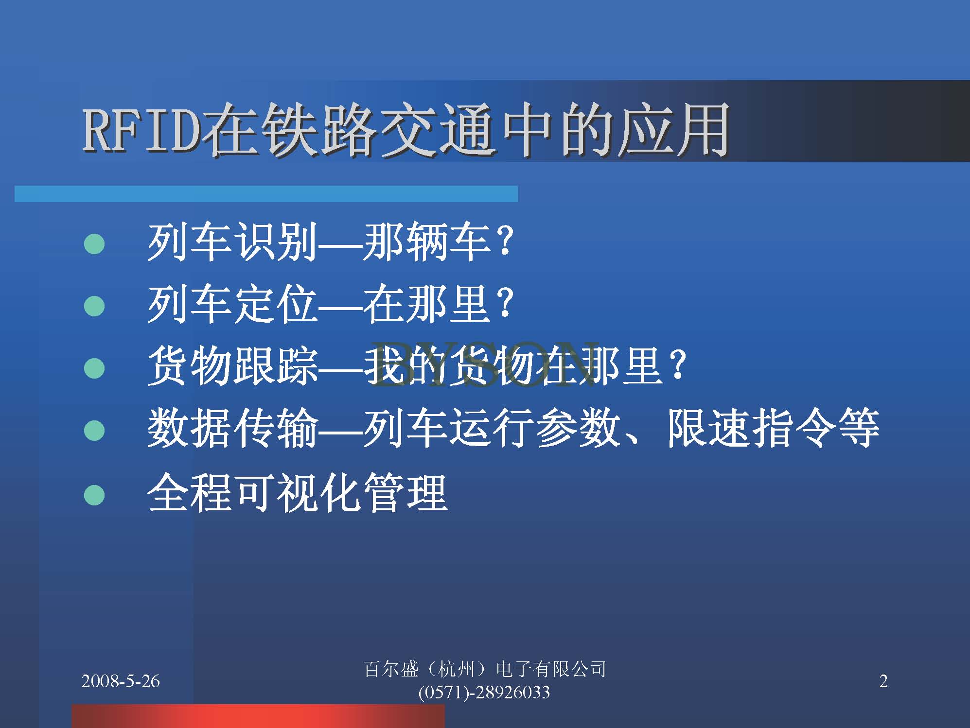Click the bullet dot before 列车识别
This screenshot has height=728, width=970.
(94, 244)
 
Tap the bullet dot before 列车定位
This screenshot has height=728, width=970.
(94, 306)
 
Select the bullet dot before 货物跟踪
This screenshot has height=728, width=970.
(94, 368)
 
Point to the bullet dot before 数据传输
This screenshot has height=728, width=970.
(94, 431)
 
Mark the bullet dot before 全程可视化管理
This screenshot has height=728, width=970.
(94, 495)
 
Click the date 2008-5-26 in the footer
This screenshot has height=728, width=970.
(121, 681)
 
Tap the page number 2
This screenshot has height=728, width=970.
(883, 681)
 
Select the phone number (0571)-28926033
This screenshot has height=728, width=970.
(484, 692)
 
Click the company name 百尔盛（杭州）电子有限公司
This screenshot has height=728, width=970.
(485, 670)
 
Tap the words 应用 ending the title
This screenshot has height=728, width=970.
(673, 130)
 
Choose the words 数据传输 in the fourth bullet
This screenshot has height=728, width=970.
(232, 428)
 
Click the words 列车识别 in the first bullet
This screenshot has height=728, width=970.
(232, 241)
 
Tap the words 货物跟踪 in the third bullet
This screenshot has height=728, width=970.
(232, 365)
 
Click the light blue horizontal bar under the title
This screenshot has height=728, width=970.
(266, 193)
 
